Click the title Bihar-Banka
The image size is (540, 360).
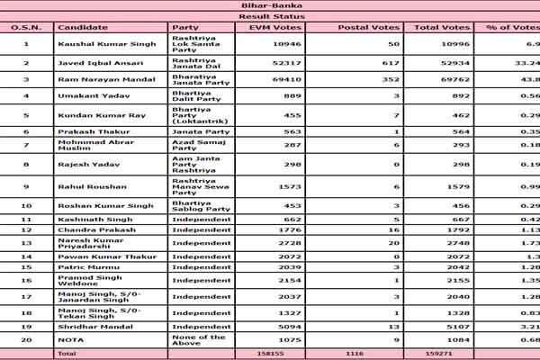click(x=270, y=5)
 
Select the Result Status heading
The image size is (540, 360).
click(x=270, y=16)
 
